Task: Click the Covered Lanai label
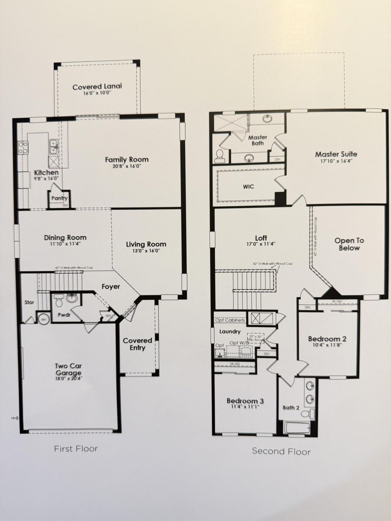point(97,87)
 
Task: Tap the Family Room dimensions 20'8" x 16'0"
point(127,166)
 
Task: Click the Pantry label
point(59,198)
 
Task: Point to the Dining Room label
point(65,237)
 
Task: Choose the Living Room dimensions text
point(146,251)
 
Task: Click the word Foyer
point(111,287)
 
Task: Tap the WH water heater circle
point(43,319)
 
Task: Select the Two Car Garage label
point(68,369)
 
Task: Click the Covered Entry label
point(137,344)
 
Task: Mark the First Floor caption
point(76,448)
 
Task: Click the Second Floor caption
point(281,451)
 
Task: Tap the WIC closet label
point(248,186)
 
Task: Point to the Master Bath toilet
point(219,156)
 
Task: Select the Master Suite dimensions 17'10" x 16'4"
point(336,161)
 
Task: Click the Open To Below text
point(349,244)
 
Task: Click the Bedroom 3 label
point(245,401)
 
